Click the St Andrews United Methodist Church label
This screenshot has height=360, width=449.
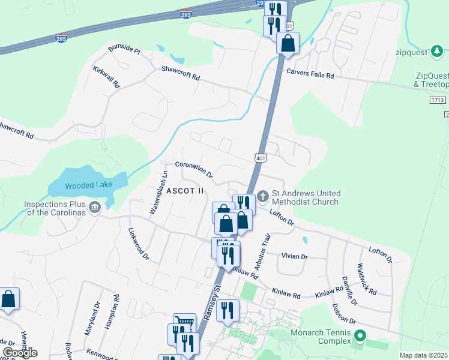click(306, 197)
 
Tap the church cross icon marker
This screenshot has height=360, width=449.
click(263, 196)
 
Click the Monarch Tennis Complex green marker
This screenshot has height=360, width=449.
click(360, 335)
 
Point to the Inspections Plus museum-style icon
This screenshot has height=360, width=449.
click(95, 208)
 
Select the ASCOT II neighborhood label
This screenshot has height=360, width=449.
click(185, 191)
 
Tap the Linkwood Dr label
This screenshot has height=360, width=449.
click(138, 244)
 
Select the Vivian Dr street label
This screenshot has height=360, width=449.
click(294, 256)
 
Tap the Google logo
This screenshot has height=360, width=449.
click(20, 353)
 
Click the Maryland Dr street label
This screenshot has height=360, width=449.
click(93, 316)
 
